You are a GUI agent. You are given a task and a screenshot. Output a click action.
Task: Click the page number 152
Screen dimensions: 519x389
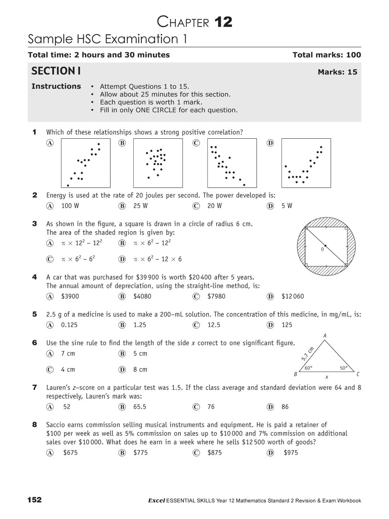pyautogui.click(x=34, y=500)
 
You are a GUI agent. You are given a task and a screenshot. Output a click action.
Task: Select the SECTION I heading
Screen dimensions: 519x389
pyautogui.click(x=56, y=71)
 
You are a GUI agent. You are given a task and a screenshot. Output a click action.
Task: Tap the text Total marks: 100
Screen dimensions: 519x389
pyautogui.click(x=326, y=55)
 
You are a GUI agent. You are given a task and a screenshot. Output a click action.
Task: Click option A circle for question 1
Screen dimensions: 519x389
pyautogui.click(x=50, y=143)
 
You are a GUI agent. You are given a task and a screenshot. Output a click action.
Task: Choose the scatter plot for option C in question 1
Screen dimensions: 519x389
pyautogui.click(x=232, y=163)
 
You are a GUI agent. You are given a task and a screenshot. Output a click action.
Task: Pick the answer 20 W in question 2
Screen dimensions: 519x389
pyautogui.click(x=214, y=206)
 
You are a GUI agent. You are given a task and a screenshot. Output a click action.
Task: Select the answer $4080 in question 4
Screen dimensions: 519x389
pyautogui.click(x=142, y=296)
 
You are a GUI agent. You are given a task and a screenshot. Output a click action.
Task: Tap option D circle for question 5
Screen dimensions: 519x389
pyautogui.click(x=270, y=325)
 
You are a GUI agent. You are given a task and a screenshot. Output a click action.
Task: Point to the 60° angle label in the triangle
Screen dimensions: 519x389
pyautogui.click(x=308, y=368)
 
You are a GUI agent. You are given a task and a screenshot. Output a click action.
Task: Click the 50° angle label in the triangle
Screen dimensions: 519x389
pyautogui.click(x=344, y=368)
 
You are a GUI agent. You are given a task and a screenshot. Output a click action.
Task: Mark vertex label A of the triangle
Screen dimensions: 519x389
pyautogui.click(x=325, y=336)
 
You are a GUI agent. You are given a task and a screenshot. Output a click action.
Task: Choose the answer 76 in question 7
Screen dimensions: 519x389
pyautogui.click(x=211, y=407)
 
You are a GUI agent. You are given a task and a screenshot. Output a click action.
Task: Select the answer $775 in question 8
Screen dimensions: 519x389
pyautogui.click(x=141, y=453)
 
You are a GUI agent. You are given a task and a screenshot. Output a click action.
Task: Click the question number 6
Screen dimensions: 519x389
pyautogui.click(x=34, y=343)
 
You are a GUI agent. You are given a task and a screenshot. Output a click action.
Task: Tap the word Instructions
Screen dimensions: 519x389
pyautogui.click(x=56, y=86)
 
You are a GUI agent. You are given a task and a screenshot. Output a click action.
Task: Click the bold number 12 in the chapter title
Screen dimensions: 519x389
pyautogui.click(x=223, y=22)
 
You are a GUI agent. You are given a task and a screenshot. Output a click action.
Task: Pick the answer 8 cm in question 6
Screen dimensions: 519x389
pyautogui.click(x=140, y=369)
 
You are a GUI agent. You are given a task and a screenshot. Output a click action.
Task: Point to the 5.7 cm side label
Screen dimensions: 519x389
pyautogui.click(x=308, y=354)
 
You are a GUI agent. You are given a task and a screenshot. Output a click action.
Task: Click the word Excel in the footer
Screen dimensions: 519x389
pyautogui.click(x=156, y=501)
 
